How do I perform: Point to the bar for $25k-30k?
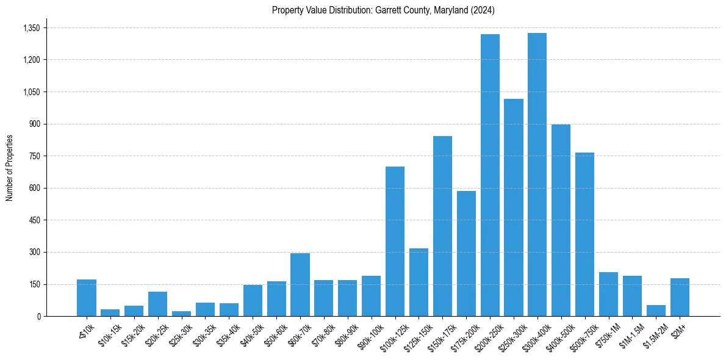click(x=181, y=314)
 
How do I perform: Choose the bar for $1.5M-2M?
click(x=656, y=311)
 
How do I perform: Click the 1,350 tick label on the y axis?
click(x=31, y=28)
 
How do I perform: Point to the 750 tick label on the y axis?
click(x=34, y=156)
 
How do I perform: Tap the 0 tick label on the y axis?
click(x=38, y=317)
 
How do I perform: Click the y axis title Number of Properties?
click(x=9, y=168)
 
